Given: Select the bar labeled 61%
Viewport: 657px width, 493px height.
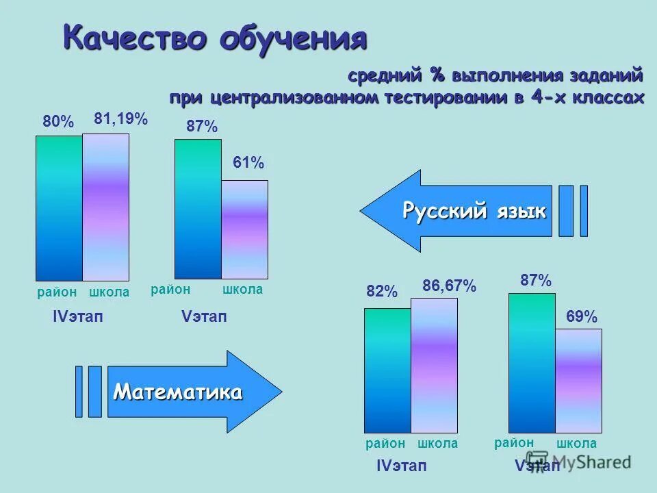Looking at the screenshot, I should pos(244,229).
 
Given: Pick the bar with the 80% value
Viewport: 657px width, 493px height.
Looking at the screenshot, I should pos(59,208).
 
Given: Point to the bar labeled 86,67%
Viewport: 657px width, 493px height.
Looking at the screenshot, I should pos(434,365).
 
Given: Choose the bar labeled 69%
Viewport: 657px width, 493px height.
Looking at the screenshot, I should pos(578,380).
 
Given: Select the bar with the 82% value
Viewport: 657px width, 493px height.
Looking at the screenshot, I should pos(387,370).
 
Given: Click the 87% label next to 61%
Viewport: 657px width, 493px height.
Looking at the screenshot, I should pos(202,127).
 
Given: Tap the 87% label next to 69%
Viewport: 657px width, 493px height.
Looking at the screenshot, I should pos(536,280).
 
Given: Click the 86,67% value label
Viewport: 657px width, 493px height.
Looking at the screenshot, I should pos(449,286).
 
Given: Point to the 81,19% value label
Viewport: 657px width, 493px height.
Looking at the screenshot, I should pos(121,119).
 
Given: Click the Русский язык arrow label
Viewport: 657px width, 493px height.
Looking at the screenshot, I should pos(474,211).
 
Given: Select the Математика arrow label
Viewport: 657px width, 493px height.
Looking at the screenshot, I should pos(177,392).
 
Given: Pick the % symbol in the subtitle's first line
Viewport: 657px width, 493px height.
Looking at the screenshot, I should pos(437,75).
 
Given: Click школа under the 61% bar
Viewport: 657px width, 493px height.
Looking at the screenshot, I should pos(243,290).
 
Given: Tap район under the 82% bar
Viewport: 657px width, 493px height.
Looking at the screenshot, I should pos(386,444).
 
